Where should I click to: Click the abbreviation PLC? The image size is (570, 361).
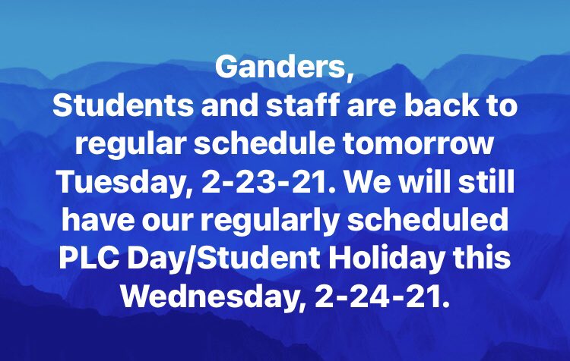click(x=83, y=257)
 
